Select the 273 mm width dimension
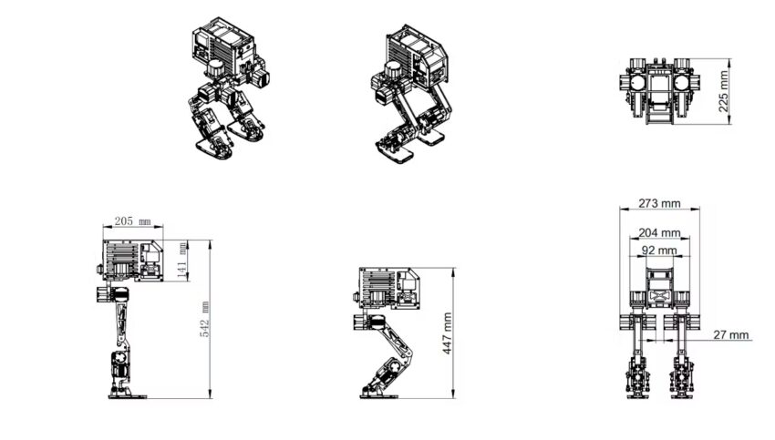click(x=658, y=202)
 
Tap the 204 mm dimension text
click(x=658, y=232)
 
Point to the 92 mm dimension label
click(x=658, y=249)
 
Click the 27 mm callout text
click(x=731, y=334)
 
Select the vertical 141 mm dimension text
click(x=182, y=261)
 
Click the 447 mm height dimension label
click(x=447, y=333)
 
